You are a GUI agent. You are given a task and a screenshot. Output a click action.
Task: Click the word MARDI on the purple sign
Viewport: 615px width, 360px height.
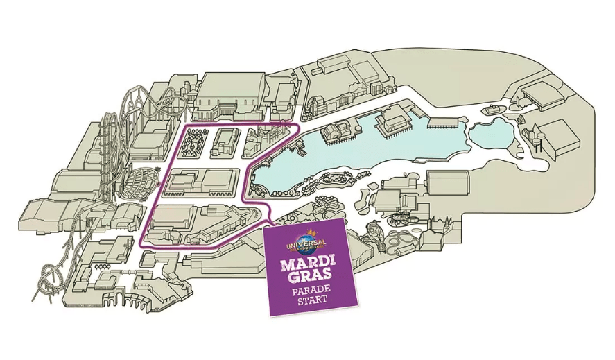[307, 266]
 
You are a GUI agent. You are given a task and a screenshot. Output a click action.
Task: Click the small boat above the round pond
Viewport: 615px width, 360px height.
[492, 109]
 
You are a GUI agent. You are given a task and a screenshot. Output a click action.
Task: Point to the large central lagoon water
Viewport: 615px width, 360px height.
[361, 156]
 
